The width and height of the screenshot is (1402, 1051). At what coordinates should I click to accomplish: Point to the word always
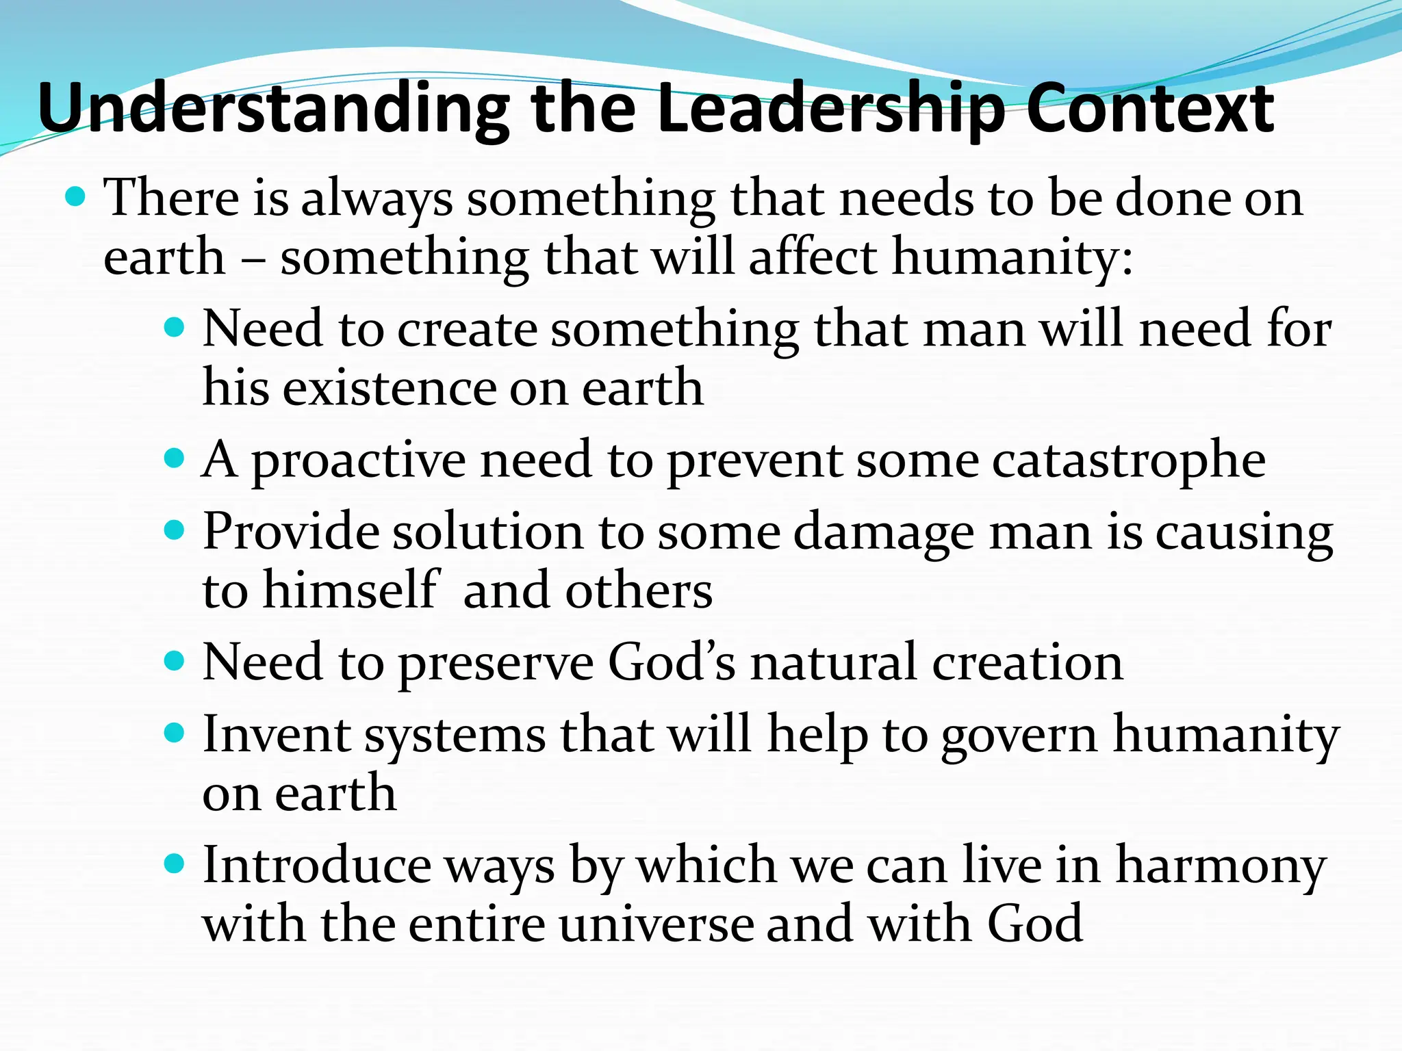(x=377, y=199)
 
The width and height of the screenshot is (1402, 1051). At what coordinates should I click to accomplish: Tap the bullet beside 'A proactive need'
(x=175, y=458)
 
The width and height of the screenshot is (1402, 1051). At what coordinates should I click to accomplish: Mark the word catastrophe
(x=1129, y=460)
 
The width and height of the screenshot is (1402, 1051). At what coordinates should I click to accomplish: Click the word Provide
(x=290, y=532)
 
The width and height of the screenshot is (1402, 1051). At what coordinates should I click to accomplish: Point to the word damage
(x=884, y=533)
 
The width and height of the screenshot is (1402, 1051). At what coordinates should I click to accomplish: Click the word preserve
(x=496, y=663)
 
